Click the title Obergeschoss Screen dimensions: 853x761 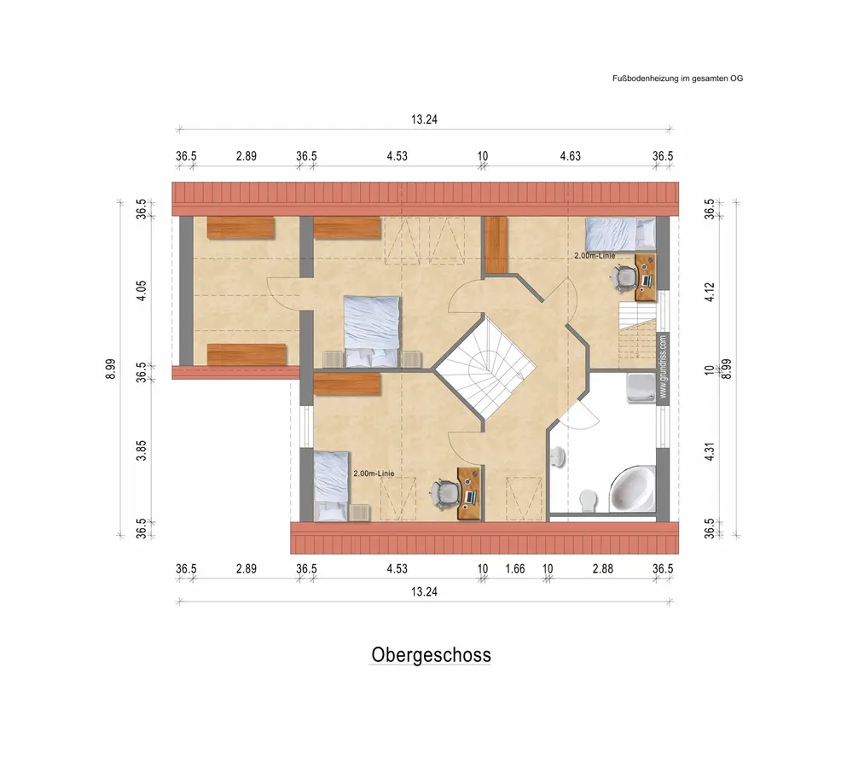(x=431, y=655)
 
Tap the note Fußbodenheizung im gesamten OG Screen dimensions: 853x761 (x=677, y=78)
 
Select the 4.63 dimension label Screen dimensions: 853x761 (x=570, y=156)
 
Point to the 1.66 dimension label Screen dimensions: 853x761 (x=514, y=569)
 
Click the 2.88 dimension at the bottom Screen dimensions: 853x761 (x=603, y=569)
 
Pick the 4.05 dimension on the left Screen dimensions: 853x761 (x=141, y=291)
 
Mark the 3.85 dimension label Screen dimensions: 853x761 (x=141, y=451)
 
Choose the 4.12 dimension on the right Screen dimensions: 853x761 (x=710, y=292)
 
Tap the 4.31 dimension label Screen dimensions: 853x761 (x=710, y=452)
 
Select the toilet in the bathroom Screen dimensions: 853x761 (x=588, y=501)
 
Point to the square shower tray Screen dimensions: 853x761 (x=641, y=388)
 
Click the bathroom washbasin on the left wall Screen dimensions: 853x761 (x=558, y=457)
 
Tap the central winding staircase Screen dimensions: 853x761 (x=485, y=369)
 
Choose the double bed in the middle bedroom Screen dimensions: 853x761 (x=372, y=331)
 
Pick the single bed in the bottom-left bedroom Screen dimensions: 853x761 (x=332, y=486)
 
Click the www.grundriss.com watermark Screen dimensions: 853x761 (x=663, y=367)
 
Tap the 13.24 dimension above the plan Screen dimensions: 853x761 (x=424, y=119)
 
